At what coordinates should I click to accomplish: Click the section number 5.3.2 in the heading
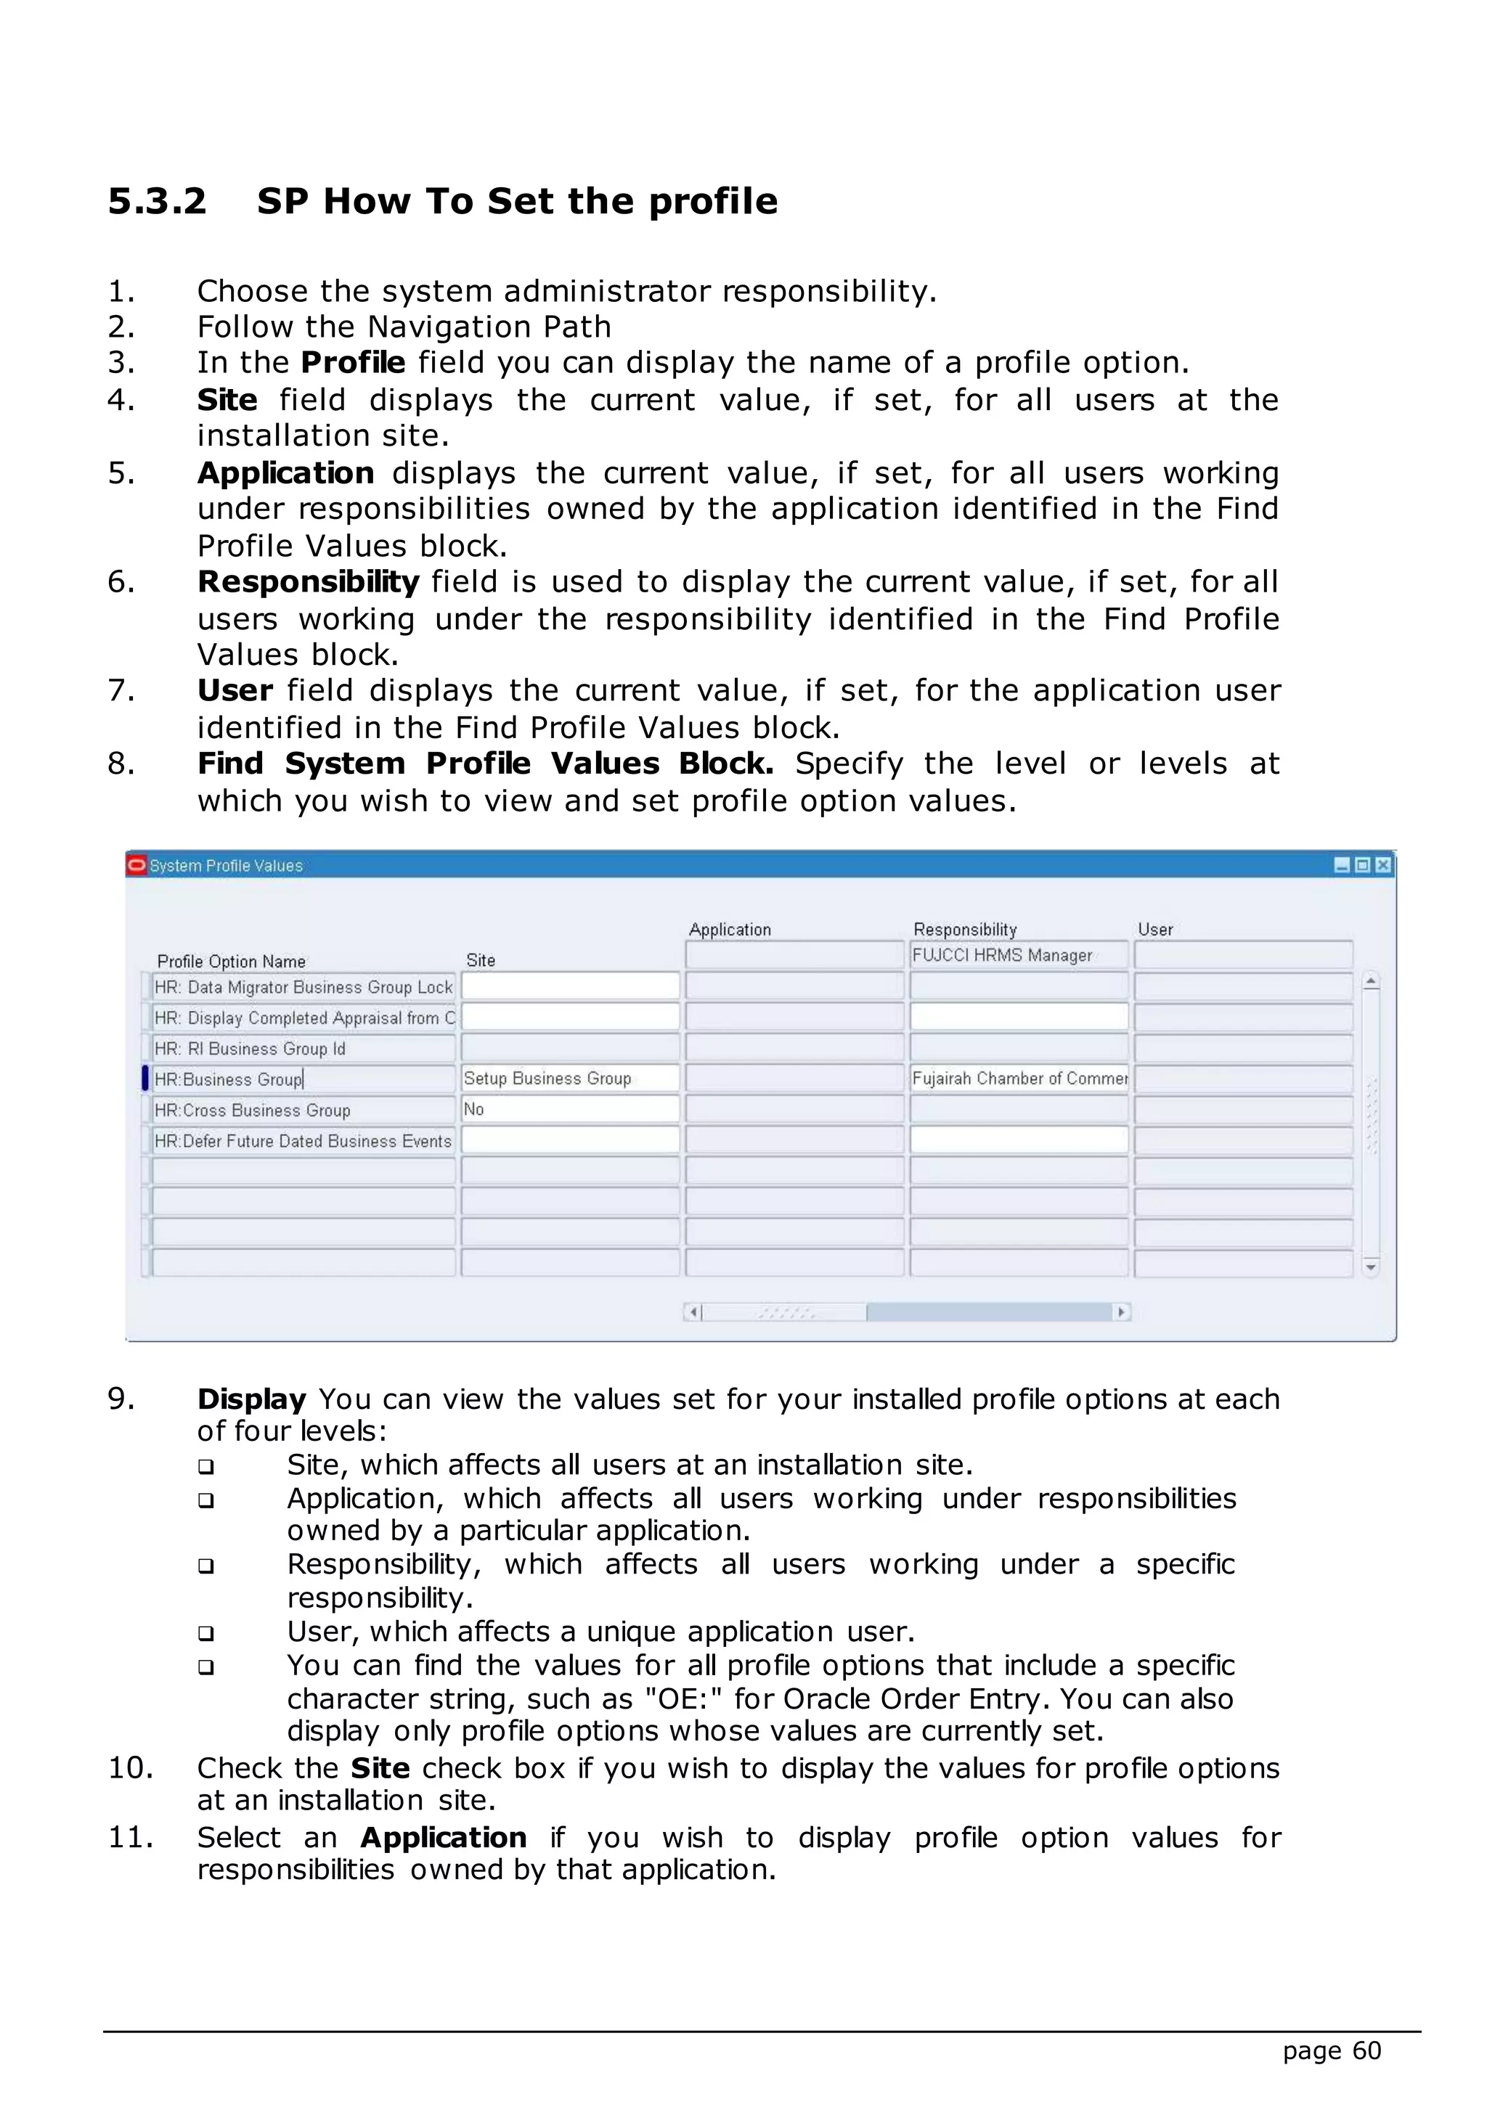click(x=157, y=201)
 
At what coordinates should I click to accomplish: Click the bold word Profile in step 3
click(x=353, y=362)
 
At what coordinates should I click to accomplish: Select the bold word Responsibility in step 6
click(x=308, y=581)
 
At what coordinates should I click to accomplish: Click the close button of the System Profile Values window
click(x=1382, y=865)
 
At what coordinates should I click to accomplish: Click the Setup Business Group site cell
click(x=569, y=1079)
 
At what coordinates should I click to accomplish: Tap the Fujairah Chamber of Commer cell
click(x=1018, y=1079)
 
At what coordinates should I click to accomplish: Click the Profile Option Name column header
click(x=231, y=961)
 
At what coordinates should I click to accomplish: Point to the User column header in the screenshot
click(x=1154, y=929)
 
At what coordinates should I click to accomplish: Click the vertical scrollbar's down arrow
click(x=1371, y=1267)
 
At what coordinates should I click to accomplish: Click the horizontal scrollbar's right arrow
click(x=1122, y=1312)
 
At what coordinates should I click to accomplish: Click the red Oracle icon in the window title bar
click(x=137, y=865)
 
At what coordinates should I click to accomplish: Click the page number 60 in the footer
click(x=1366, y=2050)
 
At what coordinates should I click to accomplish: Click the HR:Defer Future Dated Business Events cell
click(x=302, y=1141)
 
